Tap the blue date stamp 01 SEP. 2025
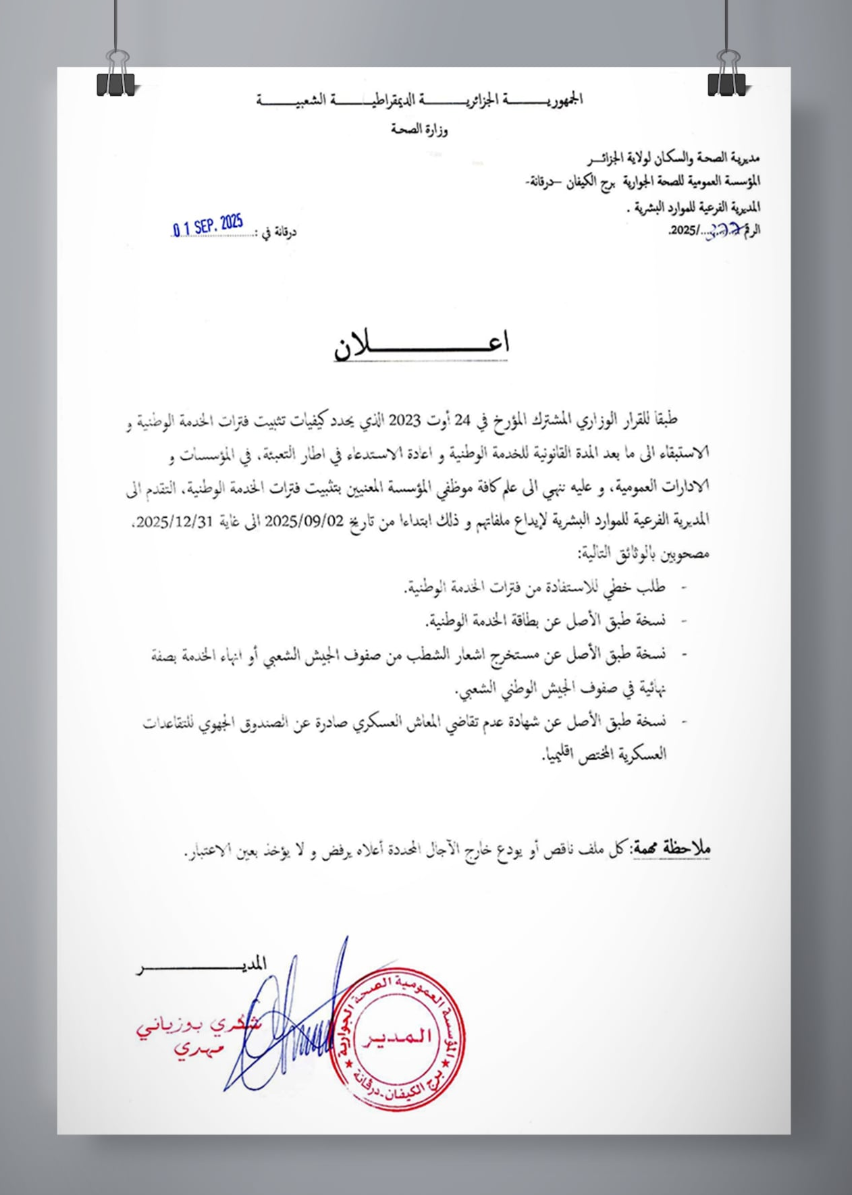pyautogui.click(x=207, y=225)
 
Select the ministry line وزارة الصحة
pyautogui.click(x=419, y=130)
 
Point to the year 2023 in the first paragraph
pyautogui.click(x=404, y=421)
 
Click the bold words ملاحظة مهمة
pyautogui.click(x=670, y=849)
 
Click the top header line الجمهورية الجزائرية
pyautogui.click(x=419, y=100)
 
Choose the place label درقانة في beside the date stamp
pyautogui.click(x=279, y=232)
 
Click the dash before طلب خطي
pyautogui.click(x=683, y=587)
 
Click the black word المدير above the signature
pyautogui.click(x=248, y=963)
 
